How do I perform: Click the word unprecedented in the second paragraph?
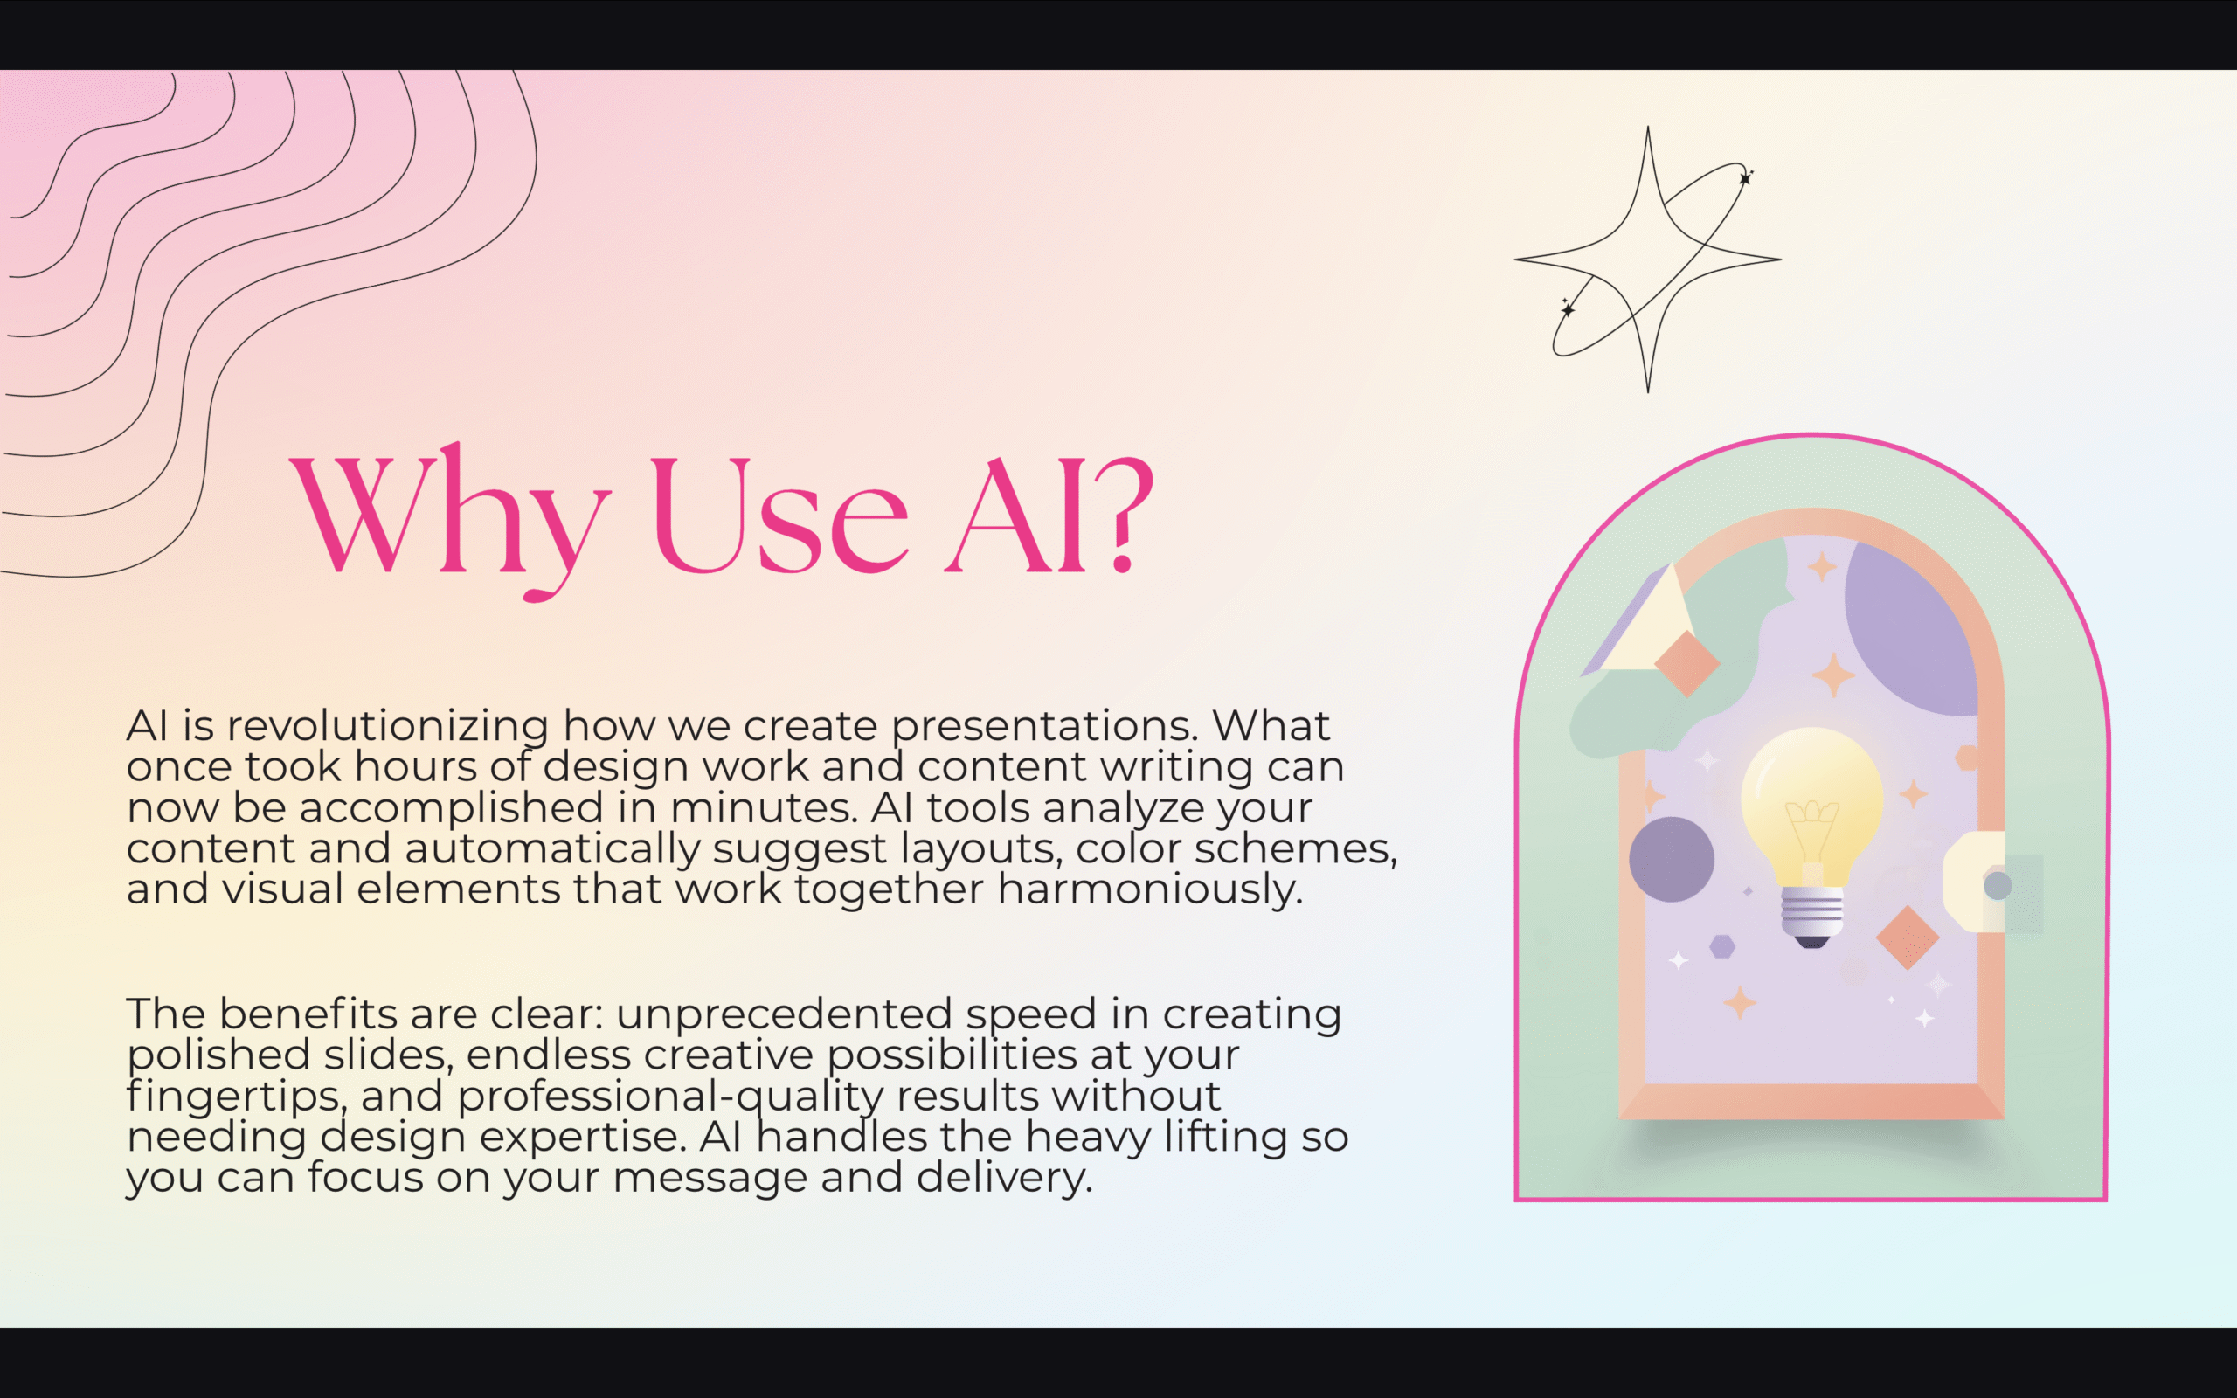pyautogui.click(x=784, y=1014)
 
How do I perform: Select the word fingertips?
pyautogui.click(x=237, y=1097)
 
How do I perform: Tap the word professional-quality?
pyautogui.click(x=670, y=1097)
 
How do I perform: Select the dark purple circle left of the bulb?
pyautogui.click(x=1671, y=859)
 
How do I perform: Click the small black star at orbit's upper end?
pyautogui.click(x=1745, y=177)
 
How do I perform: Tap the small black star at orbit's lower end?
pyautogui.click(x=1567, y=309)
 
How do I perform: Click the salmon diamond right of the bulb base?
pyautogui.click(x=1907, y=938)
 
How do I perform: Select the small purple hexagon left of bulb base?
pyautogui.click(x=1721, y=946)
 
